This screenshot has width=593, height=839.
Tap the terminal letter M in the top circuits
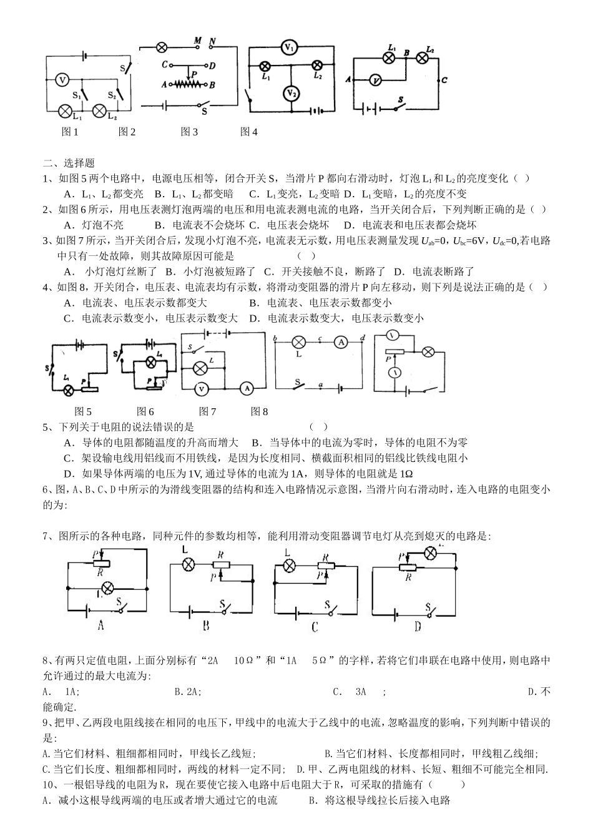[x=197, y=41]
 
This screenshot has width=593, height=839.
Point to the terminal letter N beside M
[x=213, y=41]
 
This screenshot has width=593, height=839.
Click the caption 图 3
[x=189, y=132]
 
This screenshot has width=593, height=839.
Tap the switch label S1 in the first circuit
[x=77, y=96]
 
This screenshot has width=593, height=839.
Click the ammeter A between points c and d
[x=340, y=341]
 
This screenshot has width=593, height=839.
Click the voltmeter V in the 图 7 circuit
[x=201, y=388]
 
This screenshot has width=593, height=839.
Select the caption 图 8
[x=259, y=411]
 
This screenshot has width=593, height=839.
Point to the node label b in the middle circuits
[x=275, y=338]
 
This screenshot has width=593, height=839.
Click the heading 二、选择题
[x=69, y=163]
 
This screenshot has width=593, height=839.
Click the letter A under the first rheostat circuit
[x=100, y=624]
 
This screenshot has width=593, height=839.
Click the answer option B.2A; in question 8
[x=188, y=692]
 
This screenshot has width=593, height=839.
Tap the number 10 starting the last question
[x=49, y=785]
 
